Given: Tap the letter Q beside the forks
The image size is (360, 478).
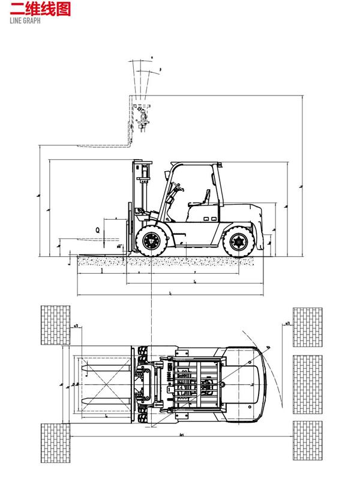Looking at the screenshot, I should tap(97, 229).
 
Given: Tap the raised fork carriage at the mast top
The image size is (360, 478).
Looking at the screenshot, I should tap(143, 117).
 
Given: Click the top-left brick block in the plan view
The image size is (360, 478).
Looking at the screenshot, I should tap(55, 325).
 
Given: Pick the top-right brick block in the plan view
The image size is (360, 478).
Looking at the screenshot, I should tap(308, 327).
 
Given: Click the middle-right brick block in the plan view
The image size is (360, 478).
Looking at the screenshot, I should tap(308, 384).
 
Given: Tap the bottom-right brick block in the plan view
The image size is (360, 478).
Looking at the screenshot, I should tap(308, 441).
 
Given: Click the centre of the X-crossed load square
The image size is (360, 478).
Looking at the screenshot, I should tap(104, 384).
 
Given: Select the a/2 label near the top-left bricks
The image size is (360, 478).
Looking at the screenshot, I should tap(76, 327).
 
